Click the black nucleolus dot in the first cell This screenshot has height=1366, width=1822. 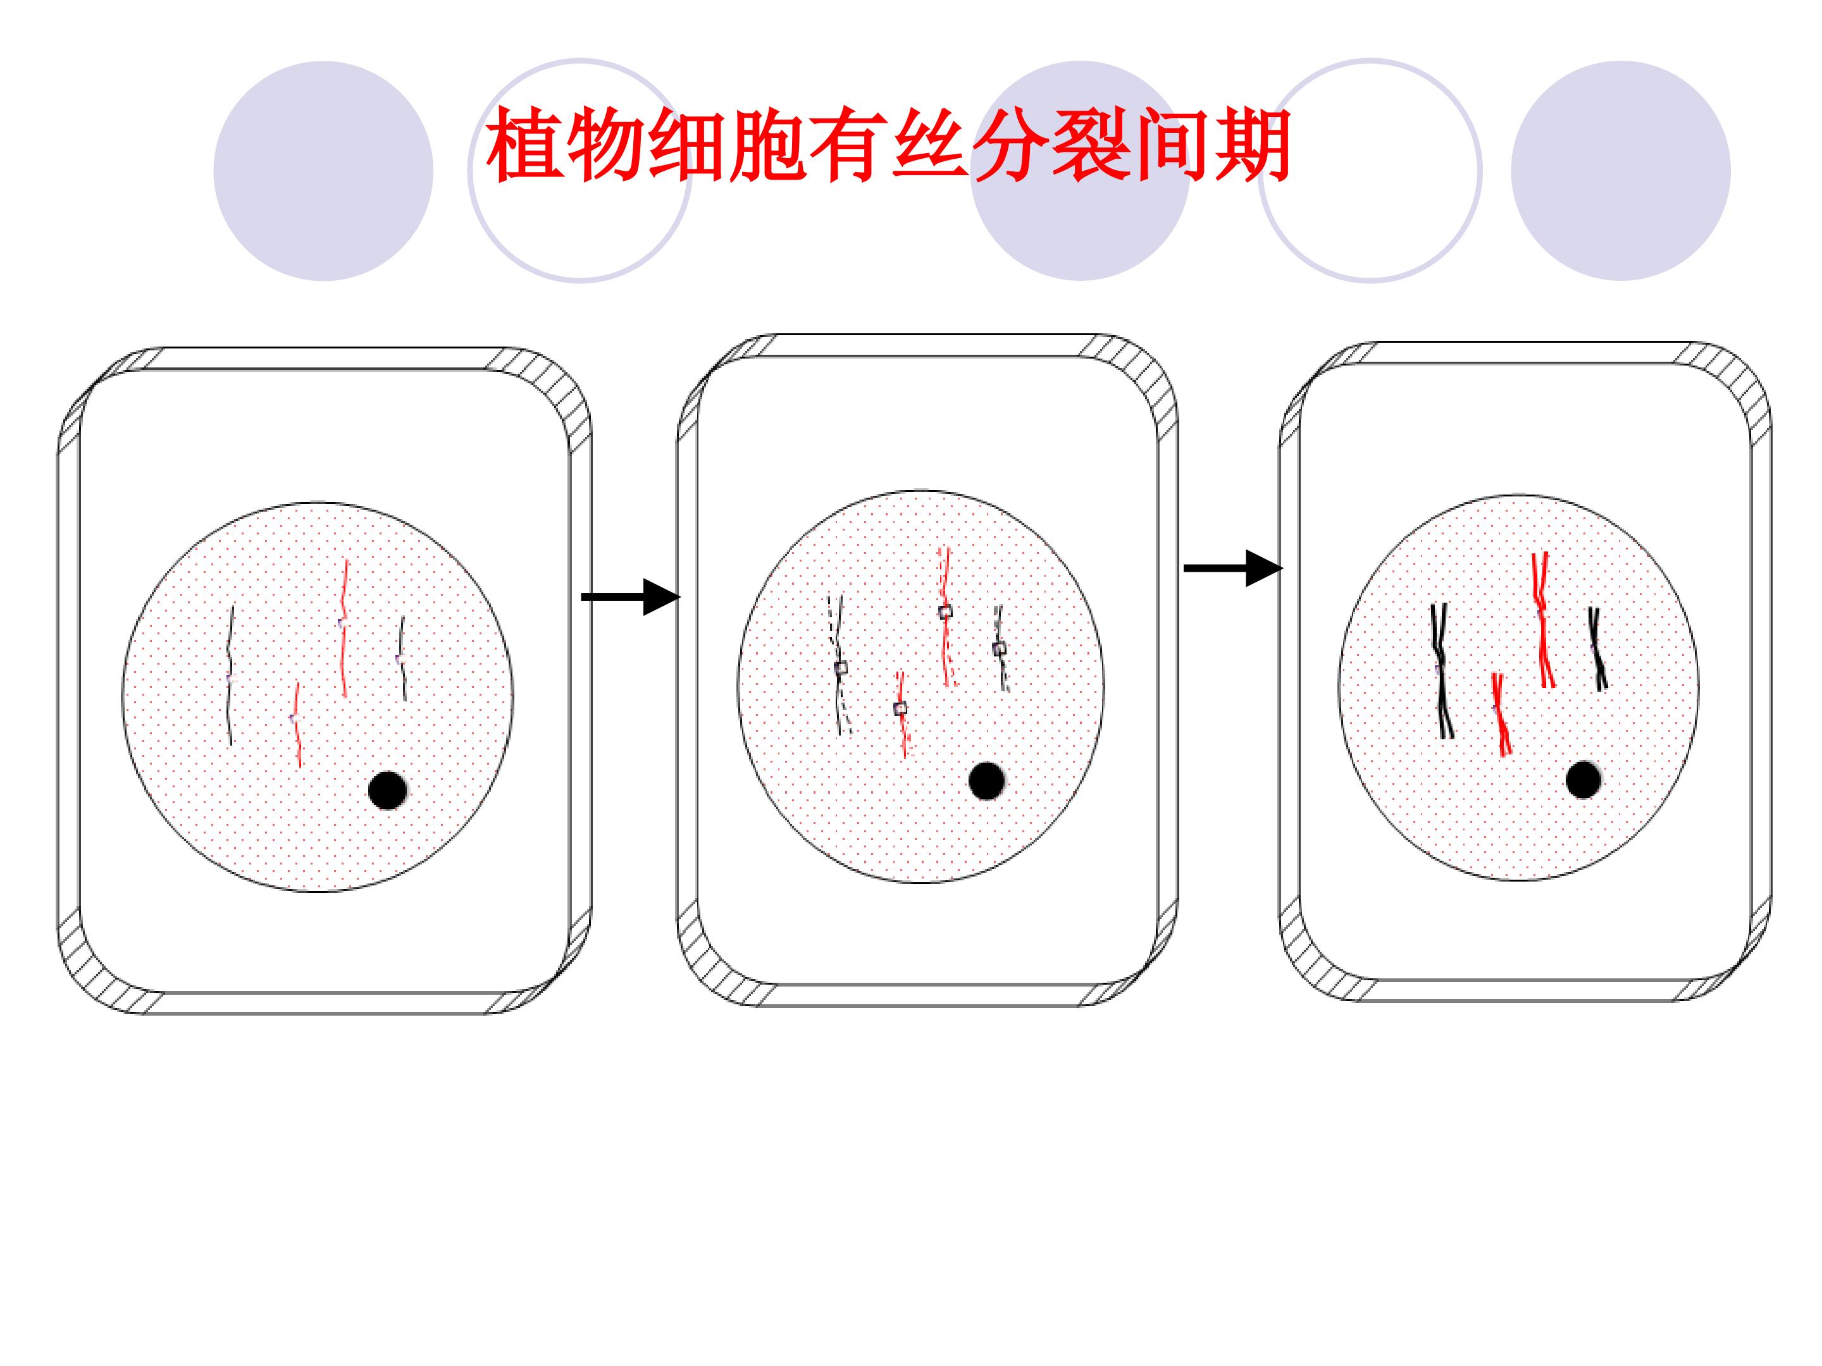[x=387, y=791]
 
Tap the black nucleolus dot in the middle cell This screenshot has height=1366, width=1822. [x=987, y=780]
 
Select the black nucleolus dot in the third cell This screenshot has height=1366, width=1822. [x=1583, y=780]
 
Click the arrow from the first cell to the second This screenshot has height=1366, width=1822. [x=631, y=597]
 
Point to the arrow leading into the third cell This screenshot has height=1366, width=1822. [x=1233, y=568]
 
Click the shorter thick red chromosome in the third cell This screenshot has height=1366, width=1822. [x=1501, y=714]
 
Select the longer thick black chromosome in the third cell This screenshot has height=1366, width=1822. [x=1441, y=671]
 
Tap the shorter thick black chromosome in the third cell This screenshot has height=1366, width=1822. [x=1597, y=649]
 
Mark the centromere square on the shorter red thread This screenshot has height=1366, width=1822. [x=900, y=708]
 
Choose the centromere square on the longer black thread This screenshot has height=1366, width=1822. [x=841, y=668]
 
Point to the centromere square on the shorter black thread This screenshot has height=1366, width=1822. [x=999, y=649]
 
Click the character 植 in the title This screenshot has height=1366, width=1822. [x=524, y=145]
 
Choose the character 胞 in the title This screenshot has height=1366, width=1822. [x=767, y=145]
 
